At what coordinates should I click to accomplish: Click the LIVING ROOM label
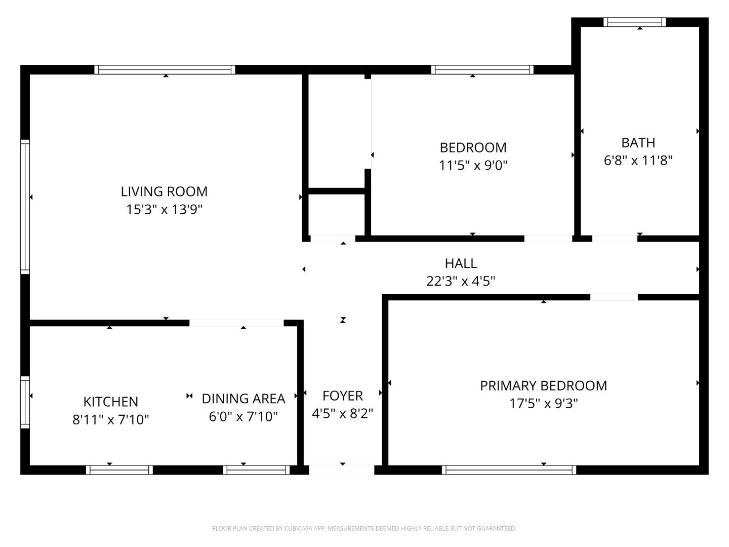click(164, 191)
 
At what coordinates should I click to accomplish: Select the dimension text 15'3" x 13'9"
click(164, 209)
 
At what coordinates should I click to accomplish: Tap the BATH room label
click(638, 142)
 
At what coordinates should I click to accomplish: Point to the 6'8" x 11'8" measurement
click(638, 161)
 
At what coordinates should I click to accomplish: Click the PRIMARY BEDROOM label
click(543, 385)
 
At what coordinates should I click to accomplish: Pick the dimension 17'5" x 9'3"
click(543, 404)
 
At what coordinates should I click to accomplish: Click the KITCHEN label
click(110, 402)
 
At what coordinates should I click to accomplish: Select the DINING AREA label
click(243, 399)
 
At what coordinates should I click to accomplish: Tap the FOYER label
click(342, 396)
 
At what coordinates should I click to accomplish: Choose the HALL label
click(461, 263)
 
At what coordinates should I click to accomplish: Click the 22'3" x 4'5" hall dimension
click(461, 281)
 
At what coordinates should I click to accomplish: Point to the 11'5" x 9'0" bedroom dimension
click(473, 165)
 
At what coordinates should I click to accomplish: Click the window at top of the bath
click(634, 22)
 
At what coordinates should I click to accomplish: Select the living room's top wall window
click(165, 70)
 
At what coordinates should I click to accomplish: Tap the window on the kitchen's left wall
click(25, 402)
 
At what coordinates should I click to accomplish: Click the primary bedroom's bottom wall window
click(509, 470)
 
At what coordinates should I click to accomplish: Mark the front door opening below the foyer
click(342, 470)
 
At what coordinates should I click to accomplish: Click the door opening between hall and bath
click(614, 238)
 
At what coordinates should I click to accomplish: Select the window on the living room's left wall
click(25, 207)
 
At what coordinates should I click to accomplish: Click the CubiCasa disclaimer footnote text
click(364, 528)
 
